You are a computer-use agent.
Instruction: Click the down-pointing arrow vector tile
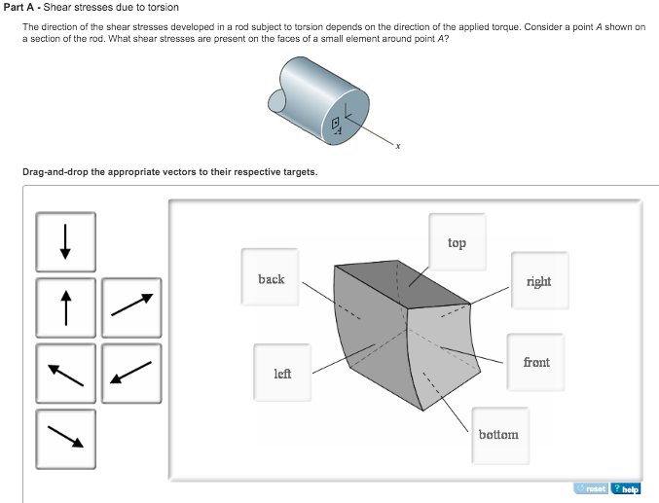point(65,242)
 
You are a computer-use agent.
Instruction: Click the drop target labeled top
point(457,242)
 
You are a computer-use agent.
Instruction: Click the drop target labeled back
point(271,279)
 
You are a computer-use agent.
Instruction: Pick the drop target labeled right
point(537,281)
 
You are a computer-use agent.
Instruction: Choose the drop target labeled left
point(282,373)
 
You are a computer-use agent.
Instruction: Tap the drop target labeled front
point(535,362)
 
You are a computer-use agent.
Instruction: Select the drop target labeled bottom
point(498,435)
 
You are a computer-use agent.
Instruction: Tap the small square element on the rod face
point(336,123)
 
